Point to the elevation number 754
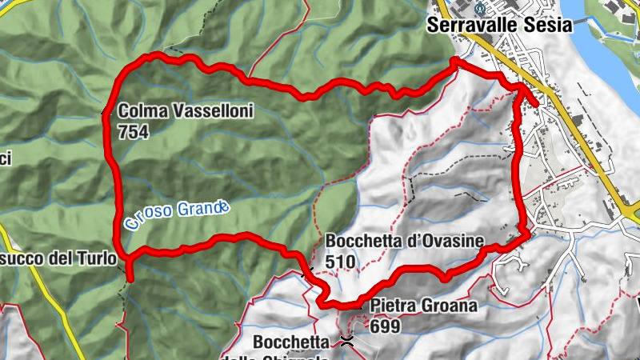coord(133,132)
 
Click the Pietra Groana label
coord(424,306)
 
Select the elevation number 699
coord(385,326)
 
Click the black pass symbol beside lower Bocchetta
coord(346,342)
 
